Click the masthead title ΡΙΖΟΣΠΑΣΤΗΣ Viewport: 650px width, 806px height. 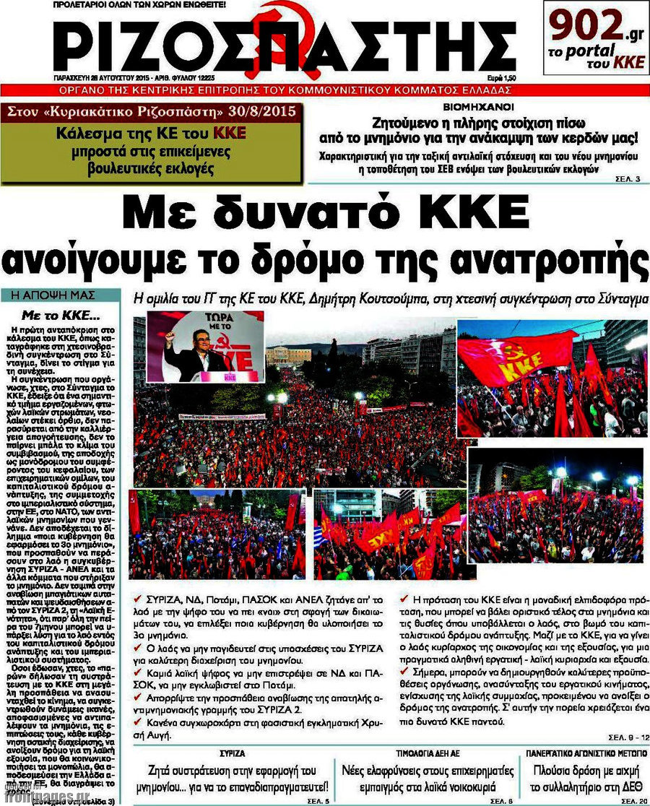click(x=271, y=45)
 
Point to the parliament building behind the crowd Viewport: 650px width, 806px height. click(x=288, y=355)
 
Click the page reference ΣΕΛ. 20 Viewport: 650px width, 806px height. click(x=633, y=801)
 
